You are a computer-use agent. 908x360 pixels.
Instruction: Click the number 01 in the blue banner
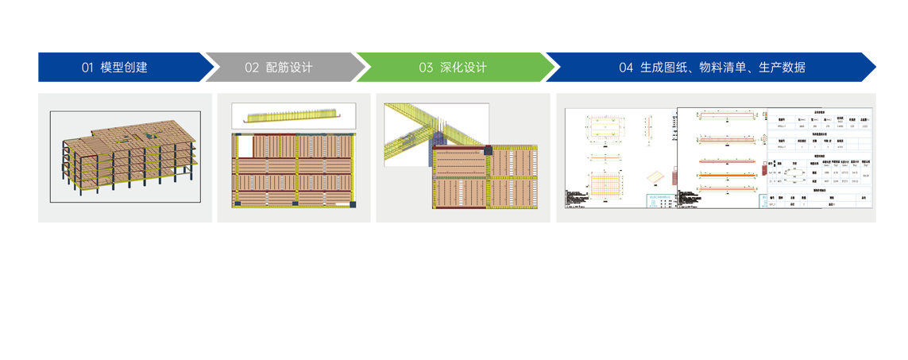pyautogui.click(x=87, y=68)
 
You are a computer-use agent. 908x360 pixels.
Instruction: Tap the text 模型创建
pyautogui.click(x=124, y=68)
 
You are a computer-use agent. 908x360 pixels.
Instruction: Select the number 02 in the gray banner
pyautogui.click(x=252, y=68)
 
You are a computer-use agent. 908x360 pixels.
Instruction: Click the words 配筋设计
pyautogui.click(x=289, y=68)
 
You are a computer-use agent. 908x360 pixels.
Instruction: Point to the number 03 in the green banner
pyautogui.click(x=426, y=68)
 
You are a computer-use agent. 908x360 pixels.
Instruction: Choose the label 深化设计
pyautogui.click(x=463, y=68)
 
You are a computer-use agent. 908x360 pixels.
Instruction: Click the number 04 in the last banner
pyautogui.click(x=626, y=68)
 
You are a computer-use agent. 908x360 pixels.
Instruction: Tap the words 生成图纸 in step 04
pyautogui.click(x=664, y=68)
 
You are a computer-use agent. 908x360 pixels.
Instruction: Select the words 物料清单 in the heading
pyautogui.click(x=723, y=68)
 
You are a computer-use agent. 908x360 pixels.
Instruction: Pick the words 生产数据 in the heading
pyautogui.click(x=782, y=68)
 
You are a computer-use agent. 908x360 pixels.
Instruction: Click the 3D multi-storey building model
pyautogui.click(x=127, y=156)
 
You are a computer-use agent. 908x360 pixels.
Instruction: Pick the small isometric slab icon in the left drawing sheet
pyautogui.click(x=655, y=178)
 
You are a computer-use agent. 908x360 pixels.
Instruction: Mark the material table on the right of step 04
pyautogui.click(x=819, y=159)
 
